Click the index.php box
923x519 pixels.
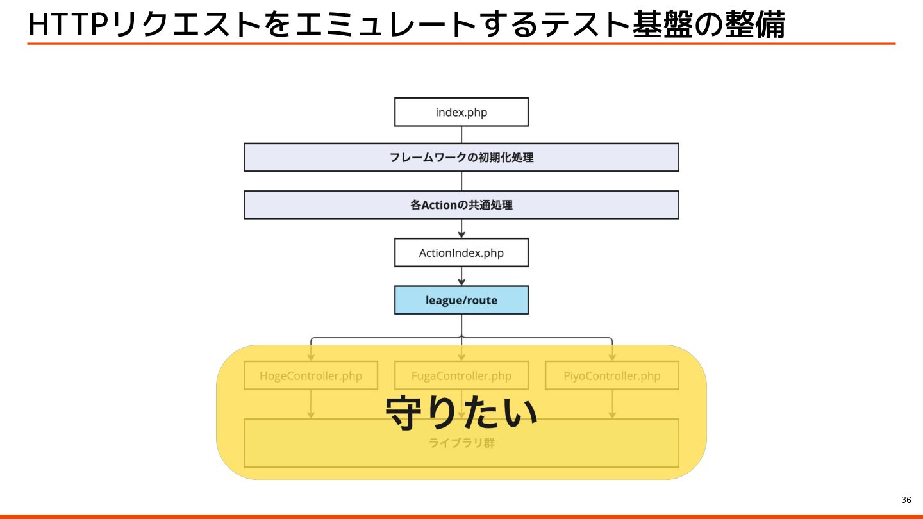pos(462,112)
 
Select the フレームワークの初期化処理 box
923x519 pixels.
pos(462,157)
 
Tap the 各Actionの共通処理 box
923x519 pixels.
pos(462,205)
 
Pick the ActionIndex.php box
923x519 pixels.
pos(462,252)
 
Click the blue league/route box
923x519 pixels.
pos(462,300)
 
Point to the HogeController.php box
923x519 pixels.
pos(311,375)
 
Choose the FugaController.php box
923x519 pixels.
pos(462,375)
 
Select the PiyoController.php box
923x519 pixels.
pos(612,375)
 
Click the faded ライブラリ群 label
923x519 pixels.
pos(462,443)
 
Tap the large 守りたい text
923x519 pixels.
pos(462,412)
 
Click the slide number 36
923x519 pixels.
pos(906,500)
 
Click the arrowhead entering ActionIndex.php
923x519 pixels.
pos(462,235)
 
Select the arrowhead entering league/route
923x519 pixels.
pos(462,282)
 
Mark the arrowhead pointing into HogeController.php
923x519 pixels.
pos(311,357)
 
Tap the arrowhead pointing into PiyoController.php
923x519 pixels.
pos(612,357)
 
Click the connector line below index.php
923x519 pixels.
pos(462,135)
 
